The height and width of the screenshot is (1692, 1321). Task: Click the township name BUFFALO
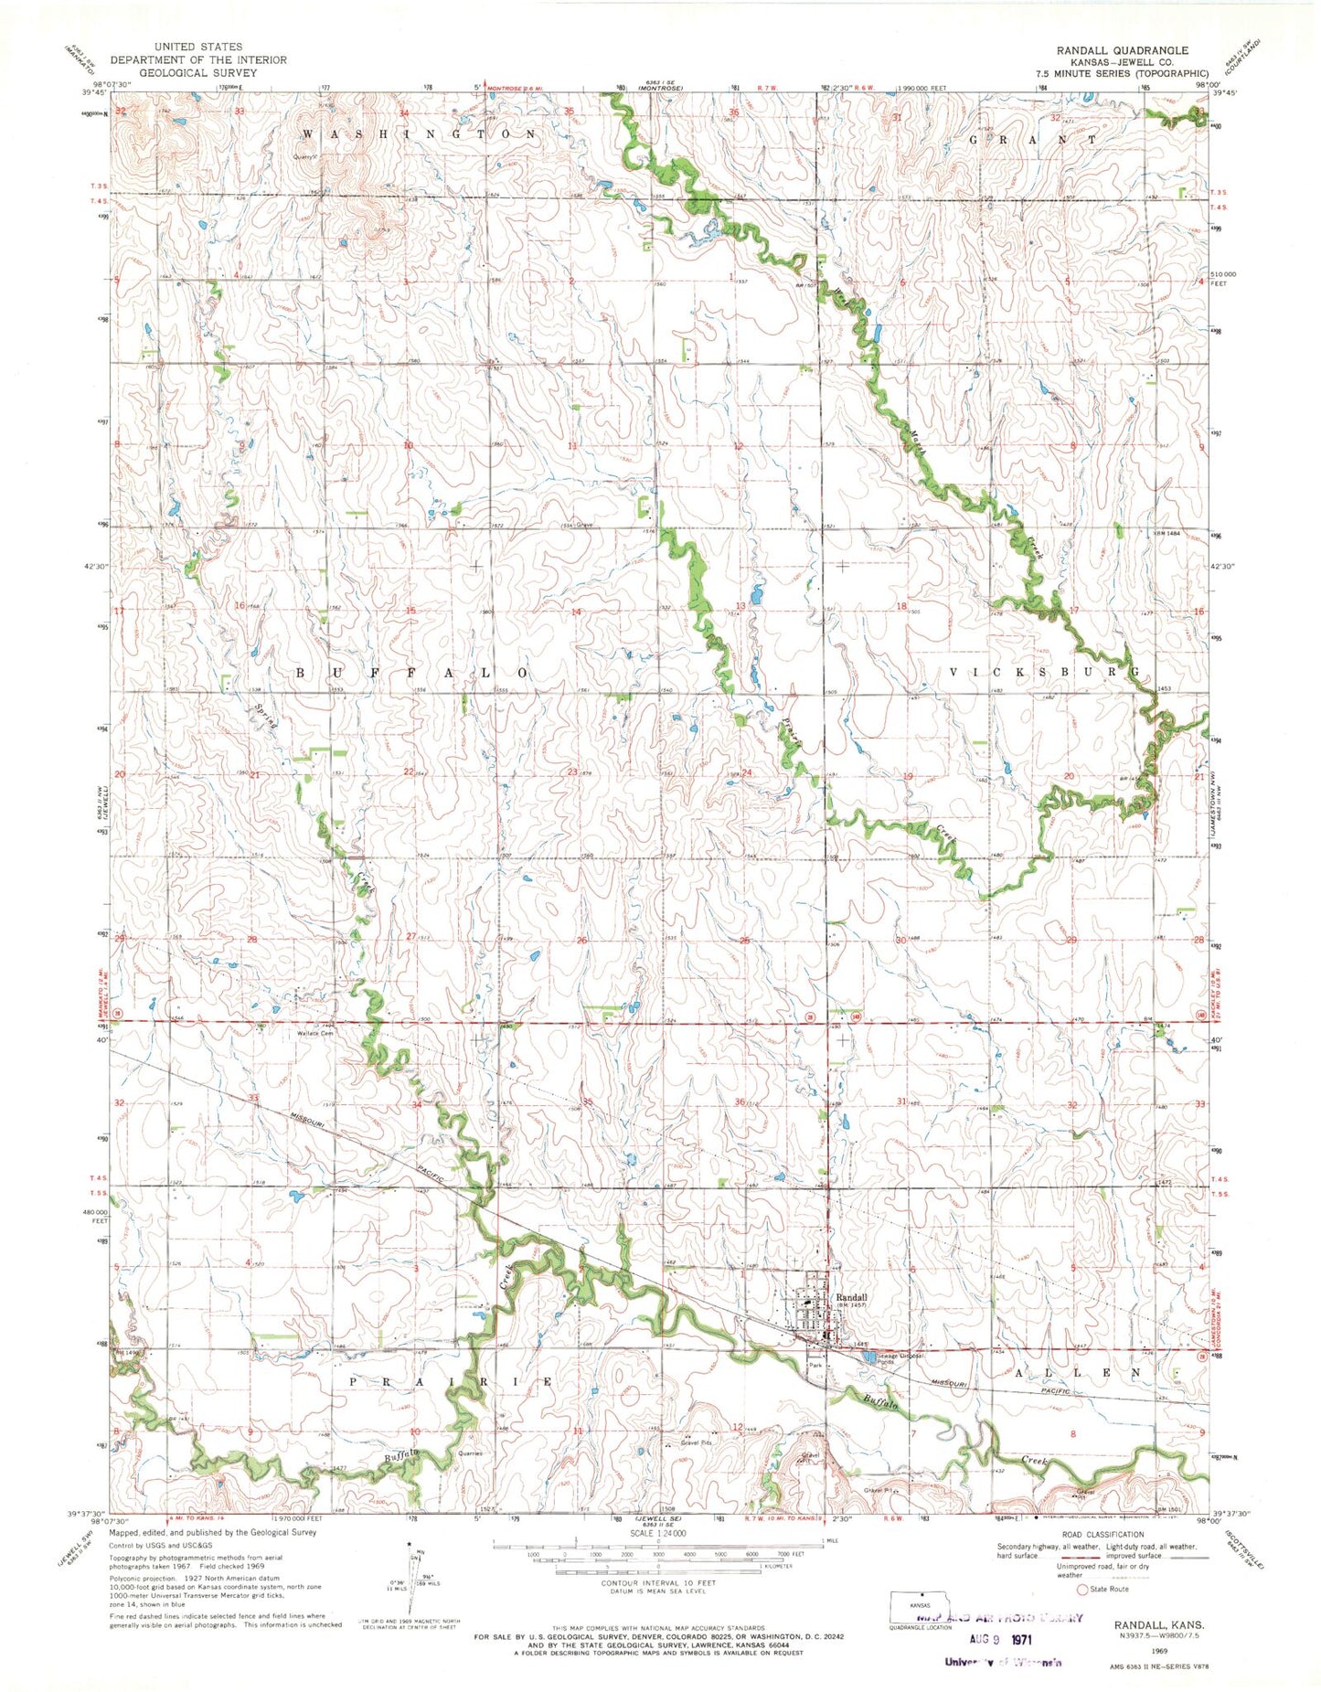[411, 673]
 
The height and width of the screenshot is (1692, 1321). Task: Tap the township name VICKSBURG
[1045, 672]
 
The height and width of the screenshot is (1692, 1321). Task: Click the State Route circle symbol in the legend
[1083, 1590]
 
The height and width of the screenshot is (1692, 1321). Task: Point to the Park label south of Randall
[815, 1365]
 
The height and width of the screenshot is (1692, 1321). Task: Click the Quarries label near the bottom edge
[471, 1453]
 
